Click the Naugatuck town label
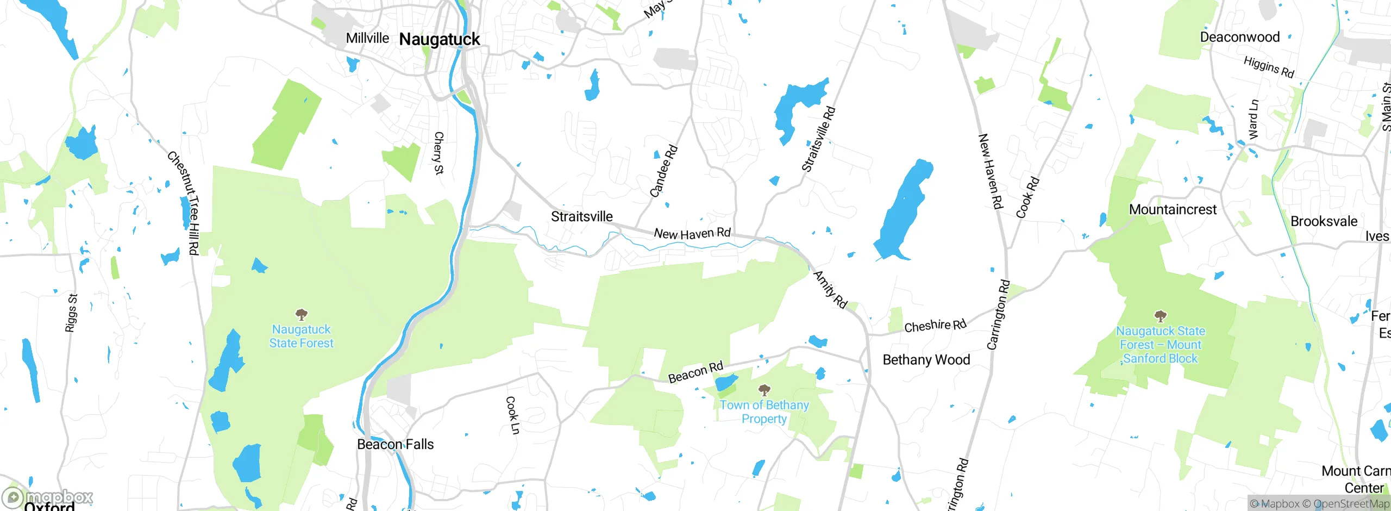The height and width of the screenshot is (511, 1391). click(439, 39)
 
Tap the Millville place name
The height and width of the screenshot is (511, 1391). click(367, 38)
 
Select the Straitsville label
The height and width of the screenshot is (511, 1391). click(581, 216)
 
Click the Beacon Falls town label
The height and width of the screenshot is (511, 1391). click(395, 444)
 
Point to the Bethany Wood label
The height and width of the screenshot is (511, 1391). click(926, 359)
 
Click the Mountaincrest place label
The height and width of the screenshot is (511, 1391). click(1173, 209)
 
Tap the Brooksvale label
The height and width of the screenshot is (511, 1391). click(1324, 221)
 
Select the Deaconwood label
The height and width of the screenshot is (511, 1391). click(1239, 37)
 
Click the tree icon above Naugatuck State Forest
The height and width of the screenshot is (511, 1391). click(302, 314)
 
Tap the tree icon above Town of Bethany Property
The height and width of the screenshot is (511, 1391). click(764, 390)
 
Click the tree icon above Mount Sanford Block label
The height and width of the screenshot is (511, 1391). click(1160, 316)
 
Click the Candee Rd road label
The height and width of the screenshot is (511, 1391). click(663, 171)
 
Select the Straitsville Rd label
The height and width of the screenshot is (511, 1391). click(818, 139)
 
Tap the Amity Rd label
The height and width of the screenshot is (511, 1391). click(830, 290)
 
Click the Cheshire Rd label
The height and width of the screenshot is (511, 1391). click(935, 326)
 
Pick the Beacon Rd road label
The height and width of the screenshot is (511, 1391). click(695, 372)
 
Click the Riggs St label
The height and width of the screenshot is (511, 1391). click(72, 313)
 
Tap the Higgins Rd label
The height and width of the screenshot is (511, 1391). click(1269, 67)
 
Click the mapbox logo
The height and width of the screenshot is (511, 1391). click(48, 497)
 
